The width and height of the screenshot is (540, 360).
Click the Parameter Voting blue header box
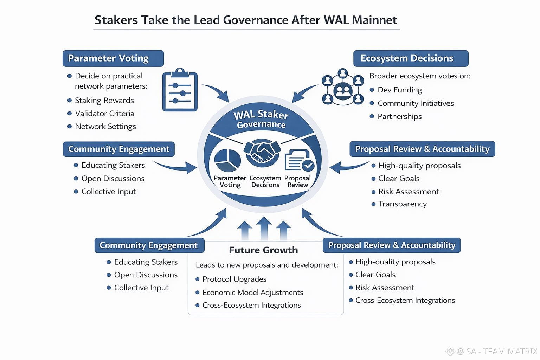point(113,58)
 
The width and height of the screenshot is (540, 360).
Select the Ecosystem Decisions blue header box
point(411,58)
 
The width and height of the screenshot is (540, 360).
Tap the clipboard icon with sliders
point(180,90)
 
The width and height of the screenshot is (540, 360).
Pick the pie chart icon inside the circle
point(227,160)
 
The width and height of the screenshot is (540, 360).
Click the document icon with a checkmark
point(299,160)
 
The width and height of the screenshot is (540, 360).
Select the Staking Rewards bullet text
point(104,101)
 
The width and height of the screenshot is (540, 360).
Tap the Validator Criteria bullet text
point(104,114)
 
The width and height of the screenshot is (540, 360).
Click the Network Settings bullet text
point(105,127)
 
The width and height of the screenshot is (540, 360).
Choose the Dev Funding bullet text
point(400,90)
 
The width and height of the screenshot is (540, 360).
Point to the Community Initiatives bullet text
point(416,103)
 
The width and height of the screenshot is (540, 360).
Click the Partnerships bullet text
point(399,117)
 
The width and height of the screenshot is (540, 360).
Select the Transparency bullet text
point(402,204)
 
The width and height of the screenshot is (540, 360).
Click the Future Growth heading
point(263,250)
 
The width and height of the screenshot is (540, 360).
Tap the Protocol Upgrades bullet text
point(234,279)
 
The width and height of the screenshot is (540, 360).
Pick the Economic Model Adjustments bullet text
point(252,292)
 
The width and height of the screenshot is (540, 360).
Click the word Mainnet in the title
point(374,20)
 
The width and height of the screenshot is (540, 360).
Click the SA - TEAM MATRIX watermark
point(496,351)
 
